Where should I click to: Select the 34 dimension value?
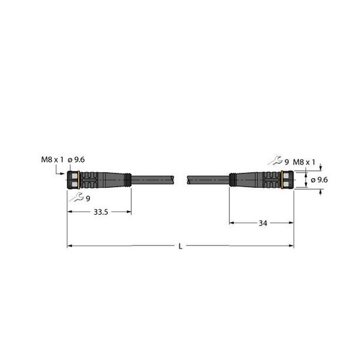262,223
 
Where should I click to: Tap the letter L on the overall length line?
181,246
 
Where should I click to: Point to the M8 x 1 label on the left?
50,159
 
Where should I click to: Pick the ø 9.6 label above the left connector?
77,159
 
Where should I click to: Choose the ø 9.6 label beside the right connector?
318,179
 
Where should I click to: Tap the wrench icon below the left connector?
76,198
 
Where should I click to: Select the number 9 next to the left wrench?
88,199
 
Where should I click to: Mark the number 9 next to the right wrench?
286,162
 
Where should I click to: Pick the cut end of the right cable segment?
188,179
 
